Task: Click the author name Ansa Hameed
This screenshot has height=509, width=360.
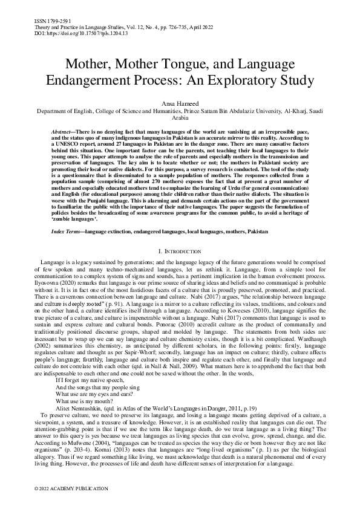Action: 180,104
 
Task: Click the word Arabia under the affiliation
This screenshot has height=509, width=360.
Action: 180,119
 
